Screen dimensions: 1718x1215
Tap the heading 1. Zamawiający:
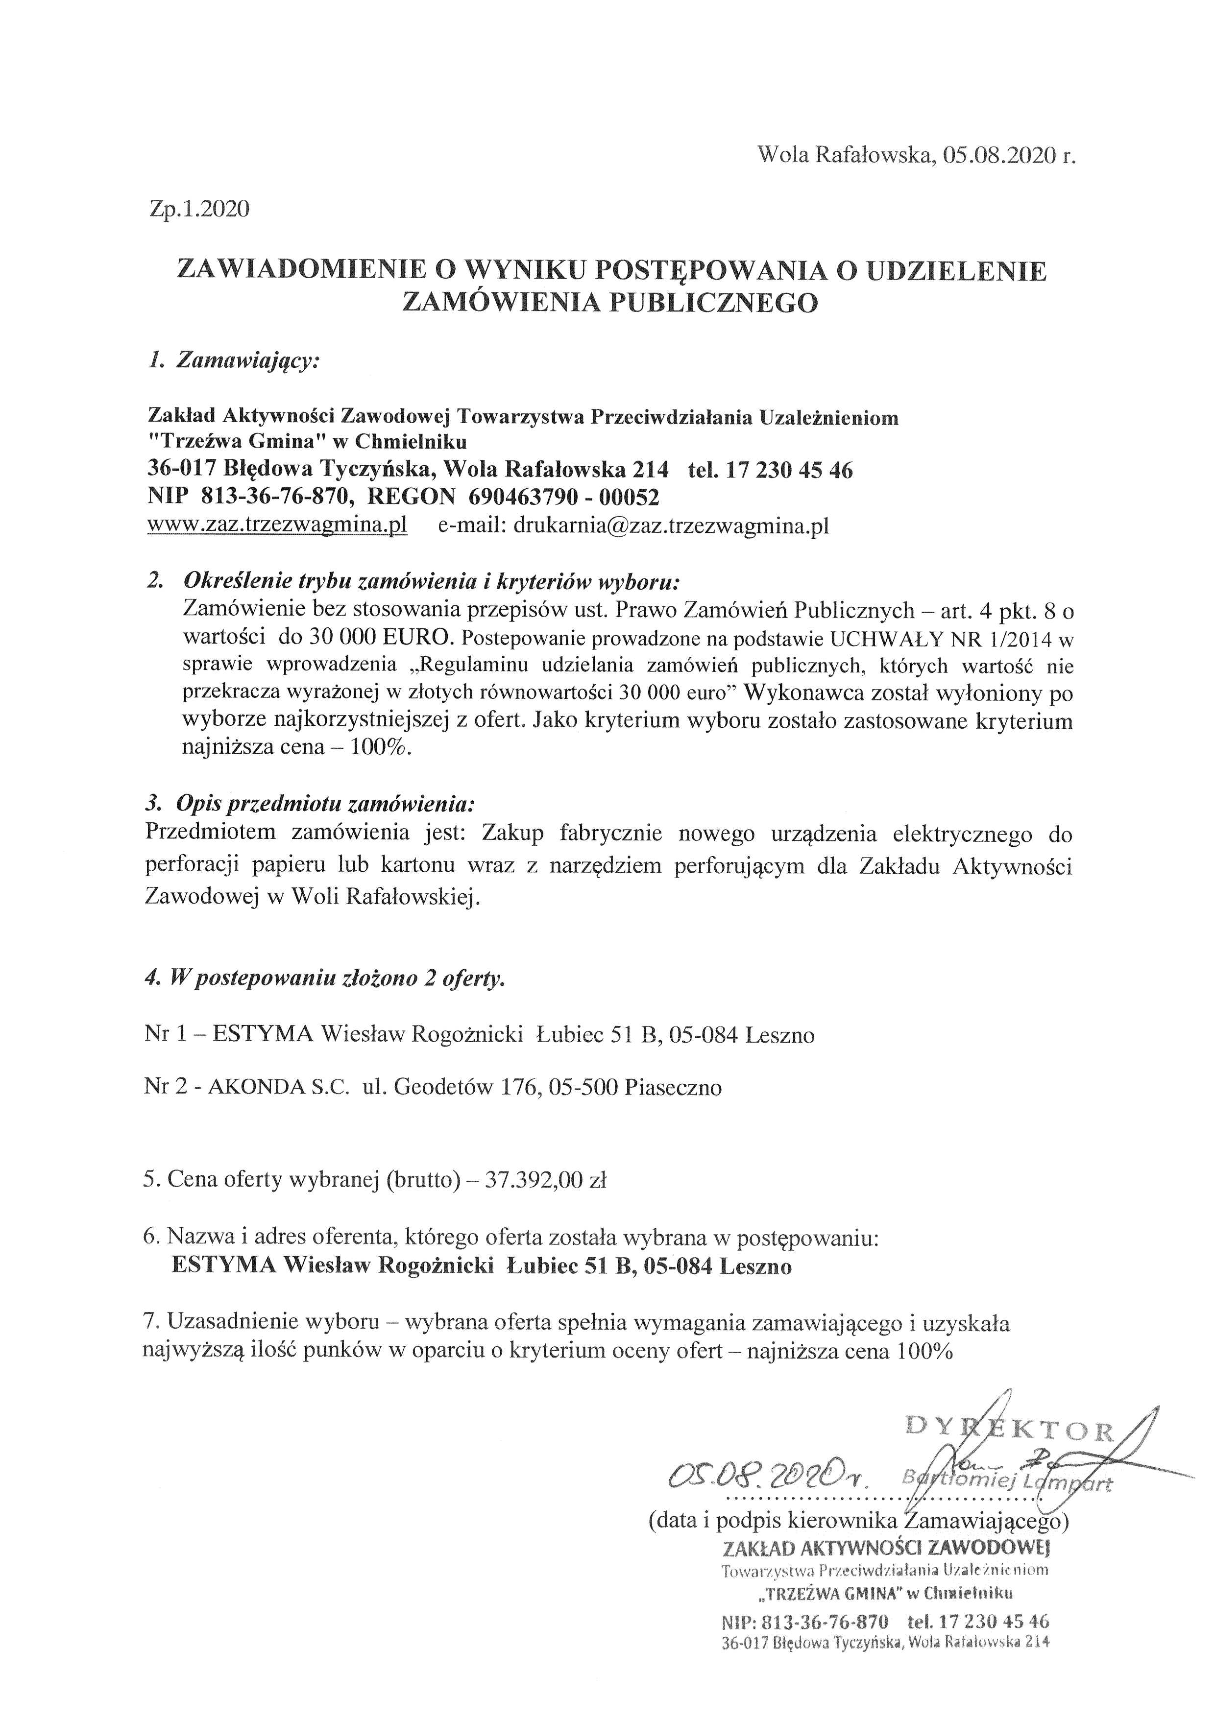pyautogui.click(x=234, y=361)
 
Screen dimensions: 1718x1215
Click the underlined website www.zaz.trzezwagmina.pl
pyautogui.click(x=277, y=526)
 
